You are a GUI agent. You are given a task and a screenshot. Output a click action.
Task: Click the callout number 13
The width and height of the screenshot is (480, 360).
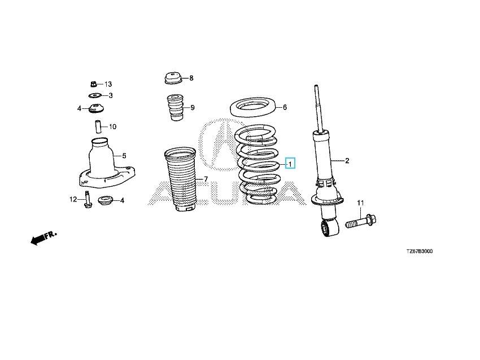pos(108,84)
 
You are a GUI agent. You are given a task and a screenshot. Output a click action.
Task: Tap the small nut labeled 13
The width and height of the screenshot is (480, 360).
pos(94,83)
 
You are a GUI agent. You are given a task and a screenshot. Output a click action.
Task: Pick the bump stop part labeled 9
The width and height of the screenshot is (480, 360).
pos(175,107)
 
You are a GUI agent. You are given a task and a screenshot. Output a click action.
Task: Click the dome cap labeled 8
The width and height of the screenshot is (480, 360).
pos(173,78)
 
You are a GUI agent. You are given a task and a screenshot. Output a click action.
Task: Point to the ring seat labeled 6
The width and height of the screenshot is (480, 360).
pos(253,107)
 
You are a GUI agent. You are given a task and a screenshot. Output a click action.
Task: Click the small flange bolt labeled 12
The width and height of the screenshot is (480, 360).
pos(87,199)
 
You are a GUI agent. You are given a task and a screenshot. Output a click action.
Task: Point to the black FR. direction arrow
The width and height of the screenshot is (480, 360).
pos(43,238)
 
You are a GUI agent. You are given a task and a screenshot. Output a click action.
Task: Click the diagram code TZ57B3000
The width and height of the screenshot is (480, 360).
pos(420,252)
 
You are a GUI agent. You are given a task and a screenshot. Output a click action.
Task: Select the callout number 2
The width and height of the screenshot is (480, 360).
pos(347,161)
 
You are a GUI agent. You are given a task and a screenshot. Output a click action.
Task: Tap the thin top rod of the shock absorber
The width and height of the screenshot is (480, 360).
pos(318,108)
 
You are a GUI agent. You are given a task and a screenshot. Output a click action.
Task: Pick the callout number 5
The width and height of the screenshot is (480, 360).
pos(124,156)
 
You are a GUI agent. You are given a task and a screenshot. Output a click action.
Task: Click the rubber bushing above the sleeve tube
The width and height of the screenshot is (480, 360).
pos(96,108)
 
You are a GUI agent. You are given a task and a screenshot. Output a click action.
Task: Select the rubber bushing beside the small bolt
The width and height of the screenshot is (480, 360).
pos(106,201)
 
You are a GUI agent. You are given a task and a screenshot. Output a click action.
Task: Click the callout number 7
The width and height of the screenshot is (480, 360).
pos(206,179)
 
